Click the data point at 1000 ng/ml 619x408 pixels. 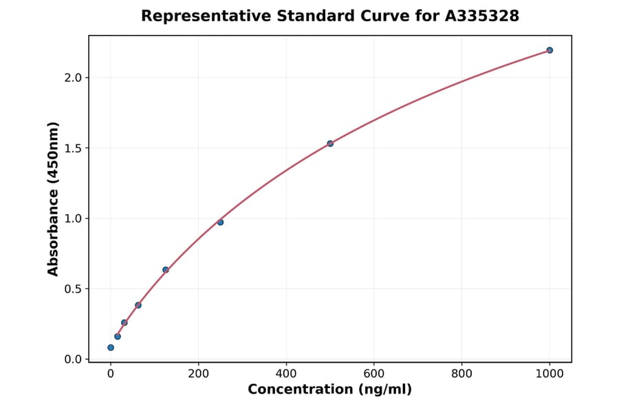point(550,50)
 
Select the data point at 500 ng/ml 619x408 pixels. point(330,144)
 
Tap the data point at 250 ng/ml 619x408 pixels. point(220,222)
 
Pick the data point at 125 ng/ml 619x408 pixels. point(166,270)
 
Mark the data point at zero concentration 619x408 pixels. point(111,348)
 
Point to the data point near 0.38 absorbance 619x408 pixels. point(138,305)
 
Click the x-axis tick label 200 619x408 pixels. point(199,374)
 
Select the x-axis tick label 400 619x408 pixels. point(286,374)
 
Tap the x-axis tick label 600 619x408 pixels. point(374,374)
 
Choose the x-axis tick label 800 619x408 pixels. point(461,374)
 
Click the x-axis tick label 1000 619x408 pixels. point(550,374)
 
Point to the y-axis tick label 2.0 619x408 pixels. point(73,78)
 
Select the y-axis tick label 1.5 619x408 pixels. point(73,148)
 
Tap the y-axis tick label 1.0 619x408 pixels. point(73,218)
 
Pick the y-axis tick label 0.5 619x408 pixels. point(73,289)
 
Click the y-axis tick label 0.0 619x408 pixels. point(73,359)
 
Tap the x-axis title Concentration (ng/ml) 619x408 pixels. point(330,390)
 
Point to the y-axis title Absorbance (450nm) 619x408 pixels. point(54,199)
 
